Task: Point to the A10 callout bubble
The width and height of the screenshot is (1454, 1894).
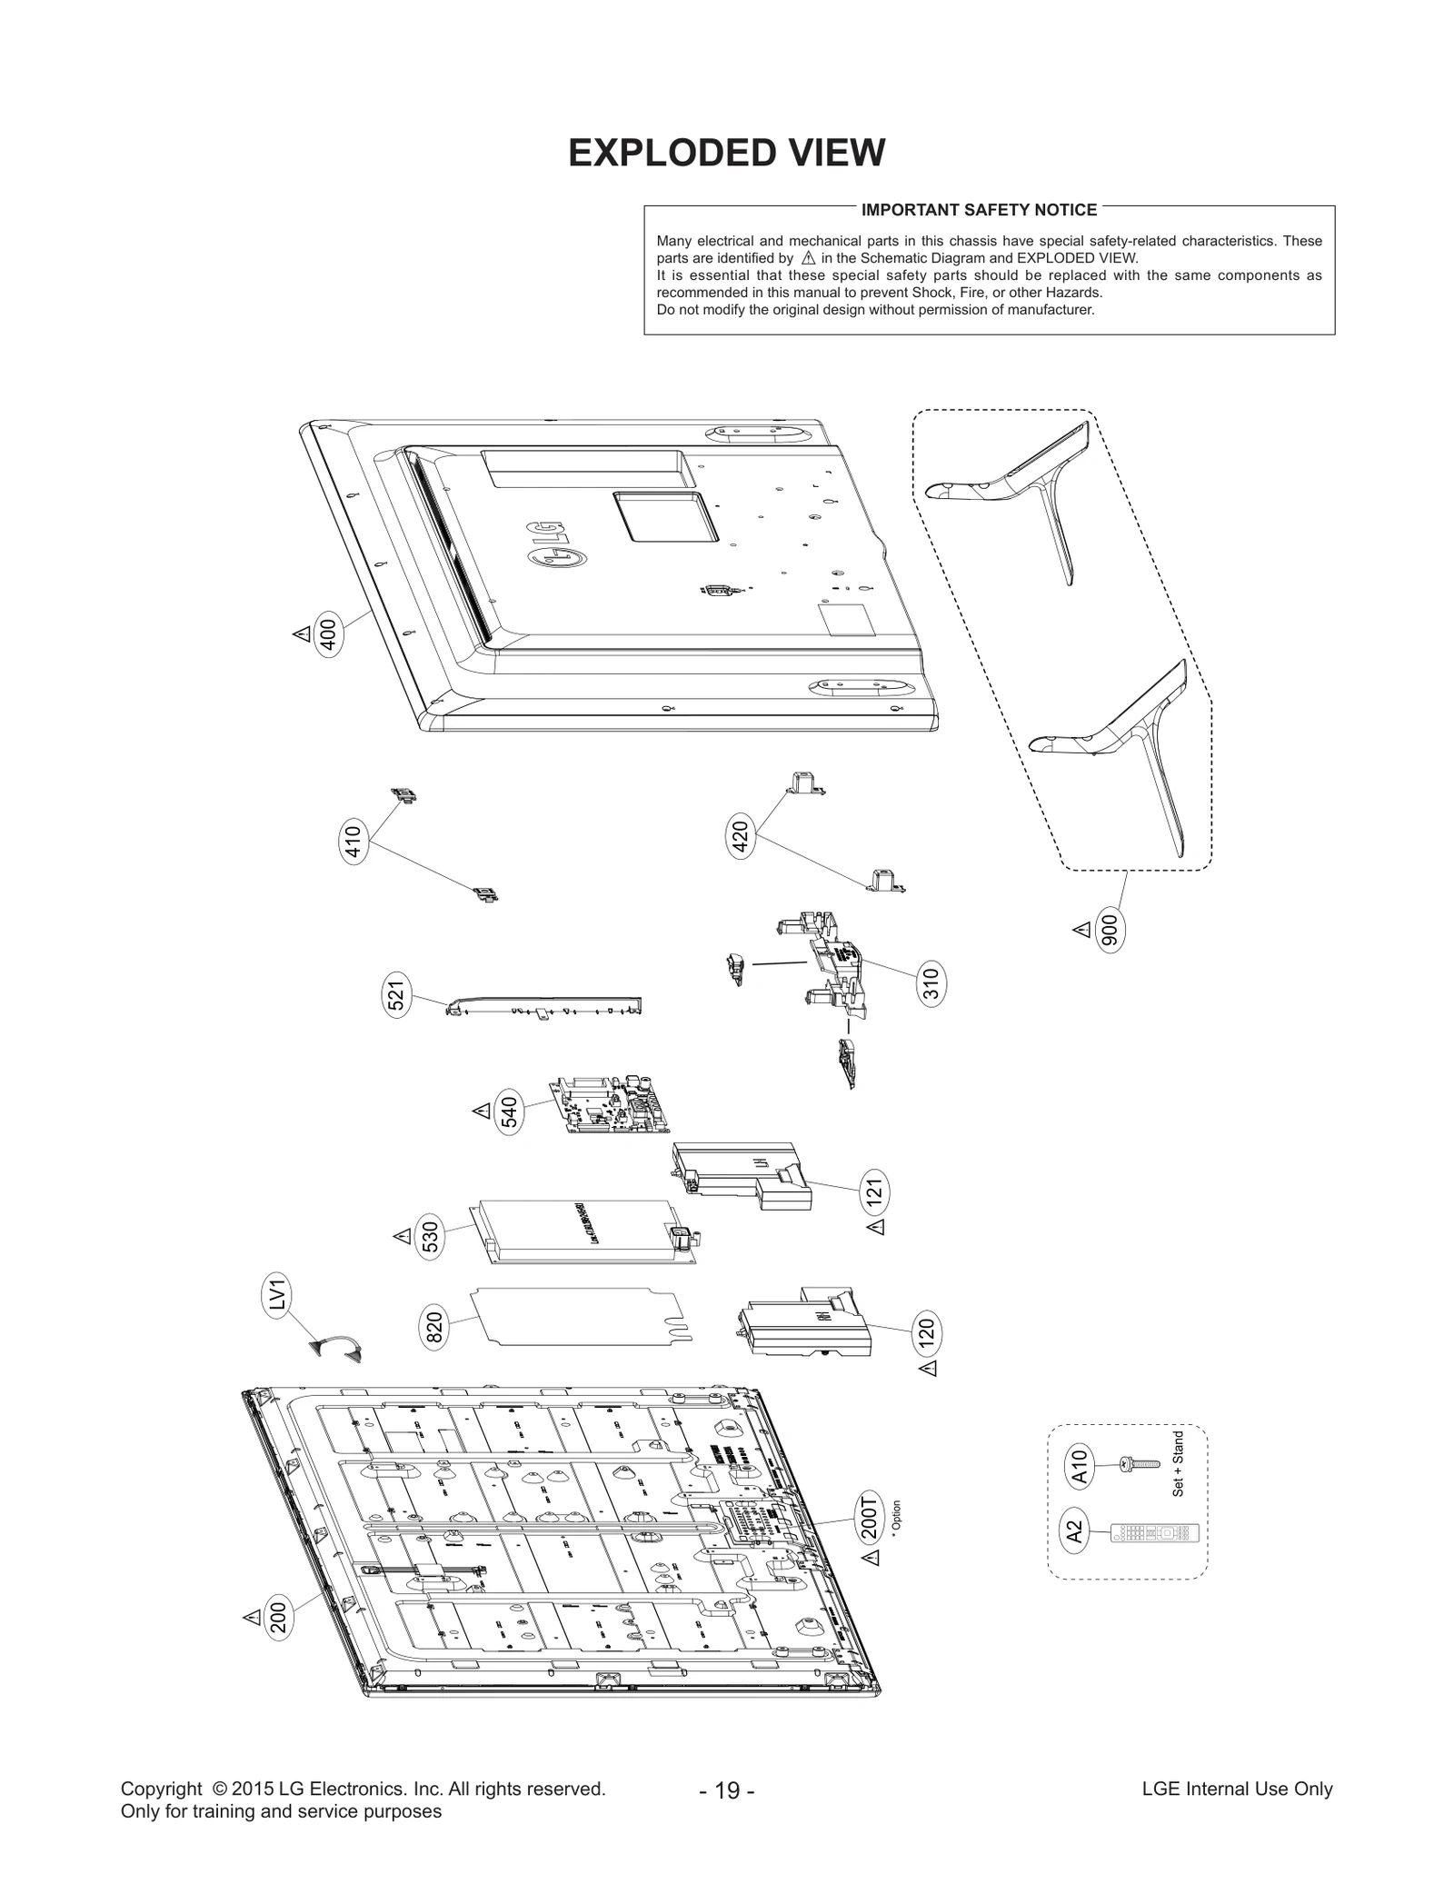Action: (x=1079, y=1466)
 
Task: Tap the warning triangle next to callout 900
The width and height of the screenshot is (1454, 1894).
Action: (x=1081, y=930)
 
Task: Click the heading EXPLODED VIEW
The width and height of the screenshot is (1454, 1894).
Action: (x=726, y=153)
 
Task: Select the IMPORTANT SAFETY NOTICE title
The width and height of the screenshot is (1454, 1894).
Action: (x=979, y=210)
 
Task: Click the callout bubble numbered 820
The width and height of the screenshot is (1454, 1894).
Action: (x=434, y=1328)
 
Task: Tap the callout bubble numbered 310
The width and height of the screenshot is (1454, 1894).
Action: (x=931, y=984)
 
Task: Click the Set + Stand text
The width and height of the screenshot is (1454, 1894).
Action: (x=1178, y=1464)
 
